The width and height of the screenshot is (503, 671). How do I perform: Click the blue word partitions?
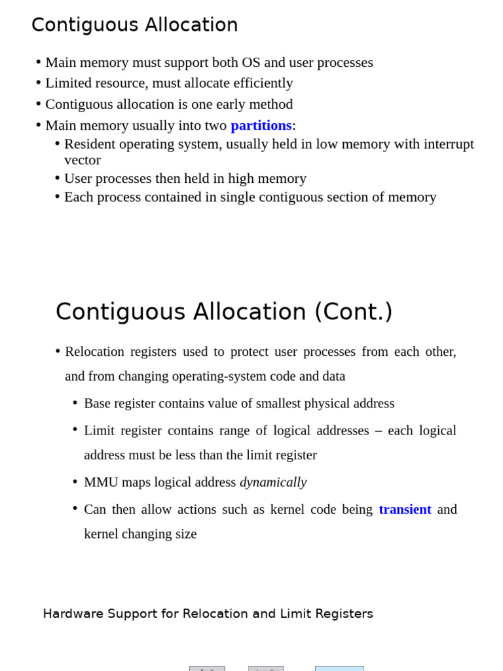(x=261, y=125)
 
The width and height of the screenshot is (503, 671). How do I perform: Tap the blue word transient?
(x=405, y=509)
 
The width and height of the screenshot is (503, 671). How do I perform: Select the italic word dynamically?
(x=273, y=482)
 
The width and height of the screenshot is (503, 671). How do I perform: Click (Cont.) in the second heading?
(x=353, y=312)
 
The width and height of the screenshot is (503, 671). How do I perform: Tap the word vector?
(x=83, y=160)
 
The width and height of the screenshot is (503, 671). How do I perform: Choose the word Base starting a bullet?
(x=98, y=404)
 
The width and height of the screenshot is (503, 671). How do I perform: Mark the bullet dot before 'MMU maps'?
(x=75, y=482)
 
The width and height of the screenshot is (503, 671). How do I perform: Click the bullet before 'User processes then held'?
(x=58, y=178)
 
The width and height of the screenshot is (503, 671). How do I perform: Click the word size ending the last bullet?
(x=186, y=534)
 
